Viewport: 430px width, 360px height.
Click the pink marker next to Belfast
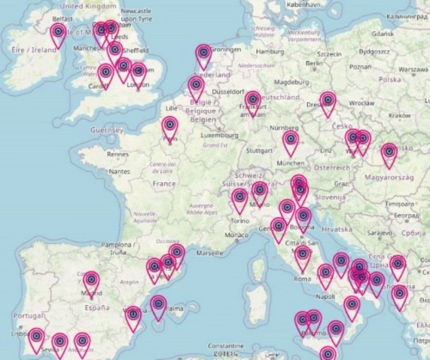coord(58,34)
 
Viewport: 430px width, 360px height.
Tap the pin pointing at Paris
coord(170,128)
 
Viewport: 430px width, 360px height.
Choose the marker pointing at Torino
coord(240,200)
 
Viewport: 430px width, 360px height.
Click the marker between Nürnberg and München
coord(291,141)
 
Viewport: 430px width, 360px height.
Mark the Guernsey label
coord(107,129)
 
